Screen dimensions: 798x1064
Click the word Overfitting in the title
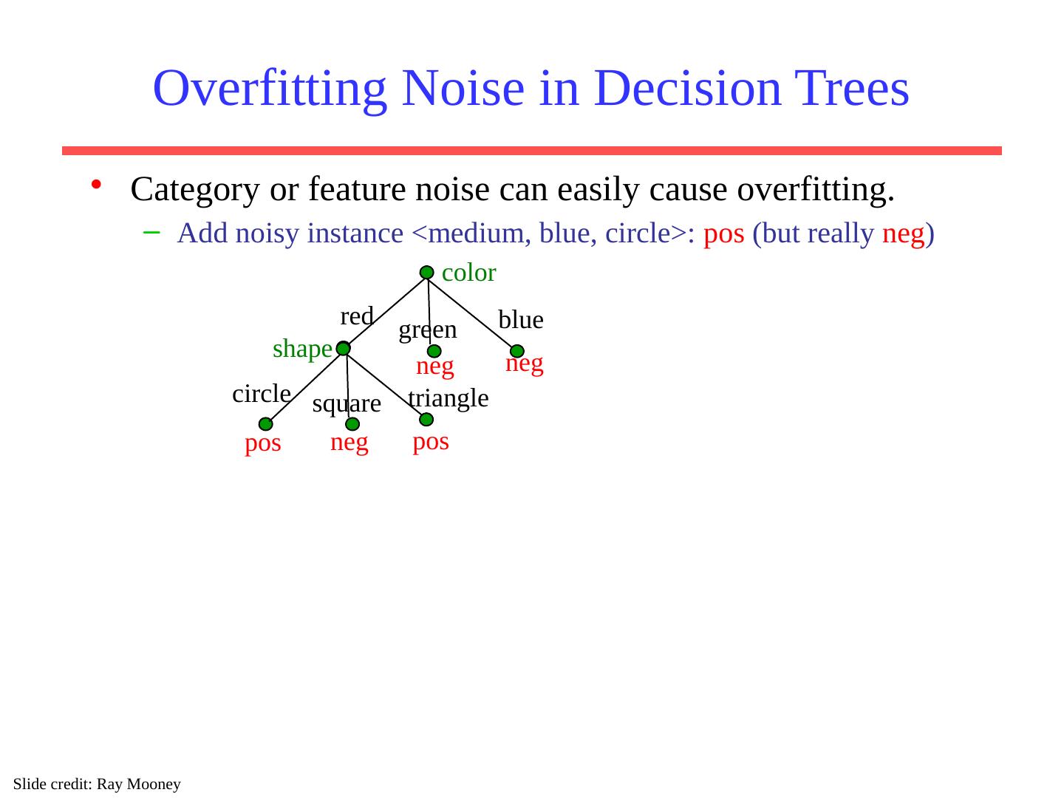point(269,88)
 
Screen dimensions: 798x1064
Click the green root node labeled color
point(427,273)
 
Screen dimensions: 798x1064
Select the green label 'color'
point(468,273)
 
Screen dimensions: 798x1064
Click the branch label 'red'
point(356,316)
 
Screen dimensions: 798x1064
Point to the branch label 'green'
point(428,330)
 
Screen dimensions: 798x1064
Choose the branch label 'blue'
point(521,320)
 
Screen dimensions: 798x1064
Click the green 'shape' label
point(302,349)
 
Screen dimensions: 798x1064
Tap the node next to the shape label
point(344,348)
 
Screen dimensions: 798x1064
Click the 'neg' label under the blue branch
point(525,363)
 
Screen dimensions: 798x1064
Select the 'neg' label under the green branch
point(435,366)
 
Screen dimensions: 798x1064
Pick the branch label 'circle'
point(262,394)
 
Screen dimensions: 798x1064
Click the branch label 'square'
point(347,404)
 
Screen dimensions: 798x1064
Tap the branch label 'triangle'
point(449,398)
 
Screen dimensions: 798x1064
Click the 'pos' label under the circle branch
point(263,443)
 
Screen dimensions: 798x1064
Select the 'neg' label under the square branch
point(349,443)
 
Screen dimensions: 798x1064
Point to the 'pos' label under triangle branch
point(431,442)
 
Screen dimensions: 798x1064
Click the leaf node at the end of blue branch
point(517,351)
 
